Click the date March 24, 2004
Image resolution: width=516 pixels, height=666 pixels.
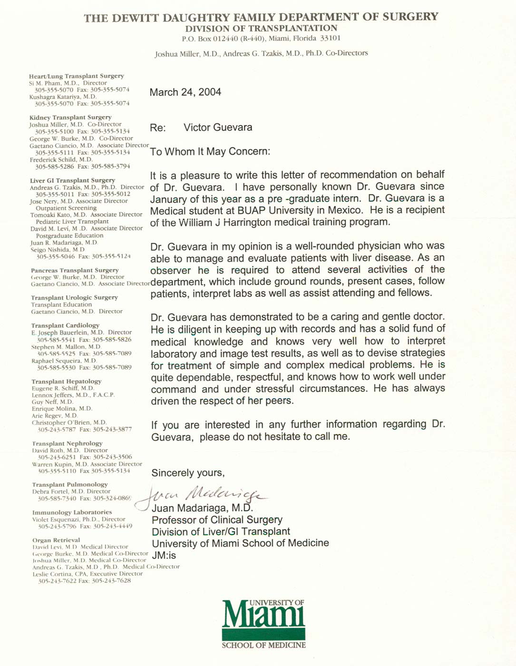click(x=185, y=92)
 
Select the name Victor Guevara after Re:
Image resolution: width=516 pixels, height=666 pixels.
click(x=218, y=127)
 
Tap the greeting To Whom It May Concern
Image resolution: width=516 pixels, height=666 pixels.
click(x=210, y=152)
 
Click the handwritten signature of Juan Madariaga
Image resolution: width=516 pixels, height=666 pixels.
click(x=202, y=494)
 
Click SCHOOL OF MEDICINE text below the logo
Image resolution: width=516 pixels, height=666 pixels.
click(x=263, y=646)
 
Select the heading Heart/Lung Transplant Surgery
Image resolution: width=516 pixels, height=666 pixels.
click(x=76, y=76)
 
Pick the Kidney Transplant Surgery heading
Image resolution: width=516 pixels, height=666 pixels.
click(x=70, y=118)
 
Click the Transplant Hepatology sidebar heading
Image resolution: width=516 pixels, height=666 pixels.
click(x=66, y=382)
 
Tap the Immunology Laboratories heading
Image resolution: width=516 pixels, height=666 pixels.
click(x=72, y=512)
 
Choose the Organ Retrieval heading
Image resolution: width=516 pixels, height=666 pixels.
click(x=56, y=540)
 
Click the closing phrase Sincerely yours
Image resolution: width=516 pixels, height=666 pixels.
click(x=188, y=473)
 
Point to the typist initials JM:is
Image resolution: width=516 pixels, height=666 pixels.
click(x=164, y=555)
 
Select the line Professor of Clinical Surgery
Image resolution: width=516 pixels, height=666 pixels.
click(x=217, y=520)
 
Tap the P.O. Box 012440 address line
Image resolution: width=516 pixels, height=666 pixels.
click(x=261, y=39)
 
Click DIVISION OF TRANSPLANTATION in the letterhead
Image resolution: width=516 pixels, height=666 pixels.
click(x=261, y=29)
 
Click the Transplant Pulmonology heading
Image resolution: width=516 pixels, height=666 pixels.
click(x=70, y=485)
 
